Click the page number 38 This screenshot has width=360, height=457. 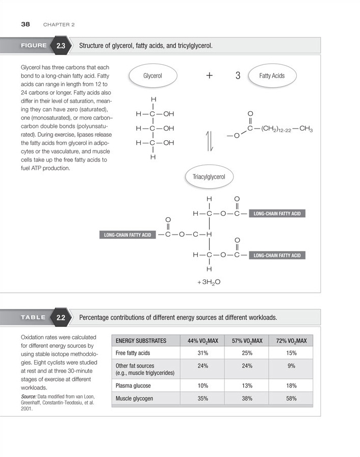25,24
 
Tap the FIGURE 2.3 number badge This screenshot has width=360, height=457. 61,46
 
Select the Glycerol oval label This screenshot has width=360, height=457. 152,75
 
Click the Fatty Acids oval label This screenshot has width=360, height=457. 272,75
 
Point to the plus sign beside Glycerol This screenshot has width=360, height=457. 210,75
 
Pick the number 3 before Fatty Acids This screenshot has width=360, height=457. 238,75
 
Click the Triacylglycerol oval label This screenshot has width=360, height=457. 209,177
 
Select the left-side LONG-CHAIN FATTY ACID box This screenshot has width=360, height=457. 127,235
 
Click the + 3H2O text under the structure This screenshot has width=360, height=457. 209,281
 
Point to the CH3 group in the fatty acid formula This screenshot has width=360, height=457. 306,129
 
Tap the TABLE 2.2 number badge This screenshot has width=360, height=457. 61,317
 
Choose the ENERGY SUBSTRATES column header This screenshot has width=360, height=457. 141,341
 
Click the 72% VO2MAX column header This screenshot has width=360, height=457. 291,341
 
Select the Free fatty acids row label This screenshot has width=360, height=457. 133,352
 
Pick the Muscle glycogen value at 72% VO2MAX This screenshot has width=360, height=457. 291,398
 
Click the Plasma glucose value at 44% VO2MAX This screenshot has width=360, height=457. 202,386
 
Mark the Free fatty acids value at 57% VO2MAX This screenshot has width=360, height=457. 247,352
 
